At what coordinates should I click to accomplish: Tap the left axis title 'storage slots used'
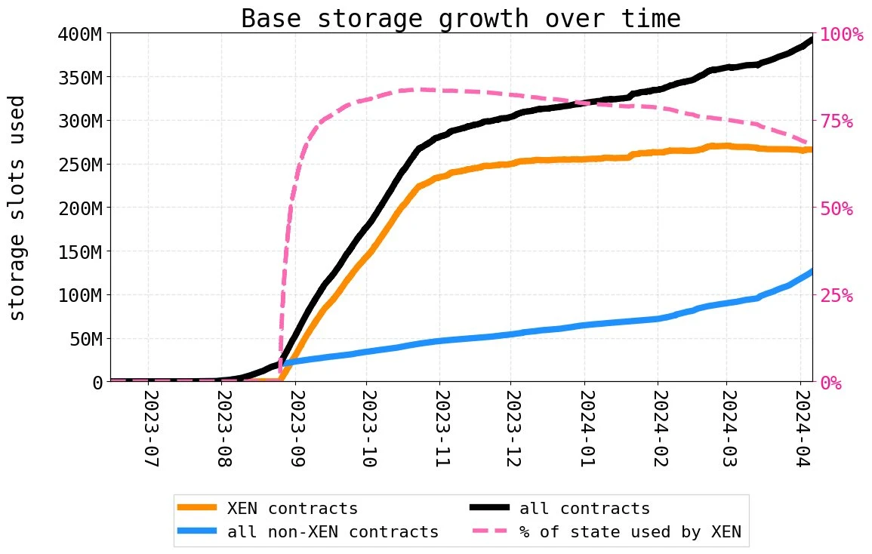click(x=17, y=208)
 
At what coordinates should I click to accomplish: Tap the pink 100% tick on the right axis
click(x=841, y=34)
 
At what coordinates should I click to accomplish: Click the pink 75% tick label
click(x=837, y=121)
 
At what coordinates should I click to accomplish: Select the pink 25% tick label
click(x=837, y=295)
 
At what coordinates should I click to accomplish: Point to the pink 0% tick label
click(x=832, y=383)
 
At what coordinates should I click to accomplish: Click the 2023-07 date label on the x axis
click(x=149, y=429)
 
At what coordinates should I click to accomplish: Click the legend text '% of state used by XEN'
click(x=630, y=532)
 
